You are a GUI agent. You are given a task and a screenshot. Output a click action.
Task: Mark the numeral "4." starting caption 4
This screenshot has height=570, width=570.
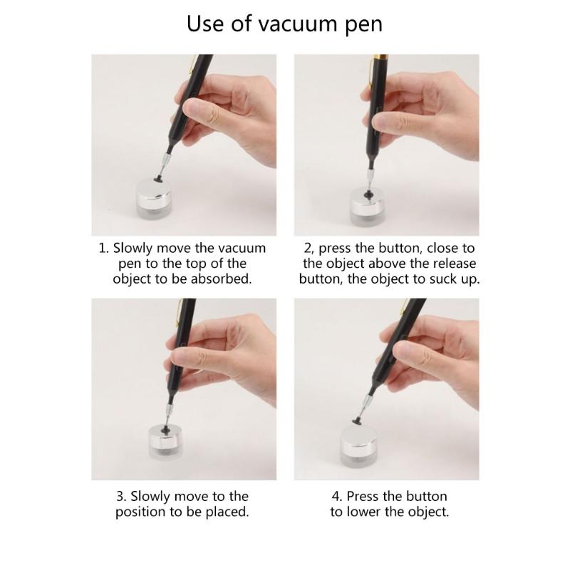pos(336,496)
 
